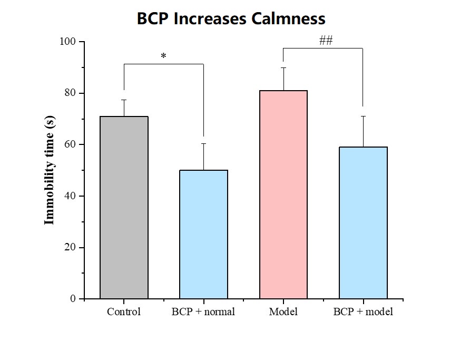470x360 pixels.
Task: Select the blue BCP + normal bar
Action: [203, 234]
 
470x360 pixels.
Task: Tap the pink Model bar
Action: [283, 194]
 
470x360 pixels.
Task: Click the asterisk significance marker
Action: [163, 56]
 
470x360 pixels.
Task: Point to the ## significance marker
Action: [326, 41]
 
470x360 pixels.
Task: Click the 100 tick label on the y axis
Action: [69, 42]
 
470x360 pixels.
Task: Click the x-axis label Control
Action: [124, 312]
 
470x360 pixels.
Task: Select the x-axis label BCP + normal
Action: [203, 312]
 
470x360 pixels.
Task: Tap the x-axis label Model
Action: [283, 312]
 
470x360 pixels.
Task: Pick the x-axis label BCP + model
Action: [363, 312]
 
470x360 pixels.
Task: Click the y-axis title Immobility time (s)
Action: [50, 170]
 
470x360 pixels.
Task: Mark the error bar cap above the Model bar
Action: [283, 67]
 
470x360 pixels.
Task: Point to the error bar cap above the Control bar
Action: [124, 100]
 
